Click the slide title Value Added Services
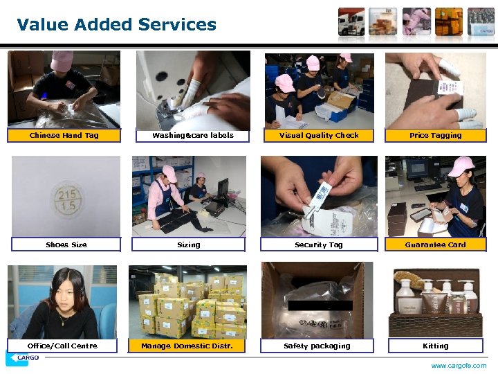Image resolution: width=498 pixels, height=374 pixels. coord(116,25)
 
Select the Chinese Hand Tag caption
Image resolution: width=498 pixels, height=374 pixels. coord(64,136)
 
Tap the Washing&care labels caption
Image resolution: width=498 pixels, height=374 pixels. coord(193,136)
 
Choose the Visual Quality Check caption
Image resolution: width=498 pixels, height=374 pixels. coord(319,136)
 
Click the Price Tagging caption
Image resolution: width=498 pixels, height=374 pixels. coord(435,136)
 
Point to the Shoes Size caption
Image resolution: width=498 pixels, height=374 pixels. coord(66,244)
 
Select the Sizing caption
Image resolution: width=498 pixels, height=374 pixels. coord(189,244)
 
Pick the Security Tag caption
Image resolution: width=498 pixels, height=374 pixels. coord(319,244)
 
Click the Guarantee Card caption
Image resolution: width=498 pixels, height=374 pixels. coord(435,244)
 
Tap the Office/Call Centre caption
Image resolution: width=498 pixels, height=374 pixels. coord(62,346)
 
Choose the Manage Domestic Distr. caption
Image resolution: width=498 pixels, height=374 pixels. coord(187,346)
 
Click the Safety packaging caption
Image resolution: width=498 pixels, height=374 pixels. coord(317,346)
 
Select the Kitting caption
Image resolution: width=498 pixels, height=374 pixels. coord(435,346)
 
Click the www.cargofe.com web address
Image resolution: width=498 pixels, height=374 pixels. coord(459,366)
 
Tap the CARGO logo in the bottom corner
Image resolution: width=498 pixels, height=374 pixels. coord(22,359)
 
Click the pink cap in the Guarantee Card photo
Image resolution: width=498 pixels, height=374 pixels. coord(461,166)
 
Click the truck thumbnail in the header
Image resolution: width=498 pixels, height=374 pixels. coord(351,21)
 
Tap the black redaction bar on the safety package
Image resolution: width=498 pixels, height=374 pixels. coord(320,305)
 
